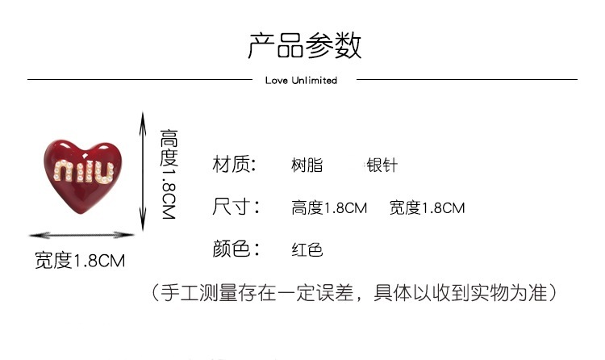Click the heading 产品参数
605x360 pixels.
[x=304, y=46]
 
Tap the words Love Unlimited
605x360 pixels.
[x=301, y=81]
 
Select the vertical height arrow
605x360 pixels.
[x=143, y=170]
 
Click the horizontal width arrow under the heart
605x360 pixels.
[x=81, y=235]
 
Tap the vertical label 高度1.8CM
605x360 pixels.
[x=169, y=174]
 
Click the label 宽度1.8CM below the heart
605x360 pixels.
[x=80, y=260]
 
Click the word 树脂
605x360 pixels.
[x=307, y=165]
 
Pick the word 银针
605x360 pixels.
[x=382, y=165]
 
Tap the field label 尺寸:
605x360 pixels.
[x=236, y=207]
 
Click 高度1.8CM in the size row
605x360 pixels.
[x=329, y=207]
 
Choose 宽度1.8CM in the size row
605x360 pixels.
[x=427, y=207]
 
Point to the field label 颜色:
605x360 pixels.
[x=236, y=249]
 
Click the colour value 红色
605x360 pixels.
[x=307, y=249]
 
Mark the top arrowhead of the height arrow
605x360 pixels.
[x=143, y=115]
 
